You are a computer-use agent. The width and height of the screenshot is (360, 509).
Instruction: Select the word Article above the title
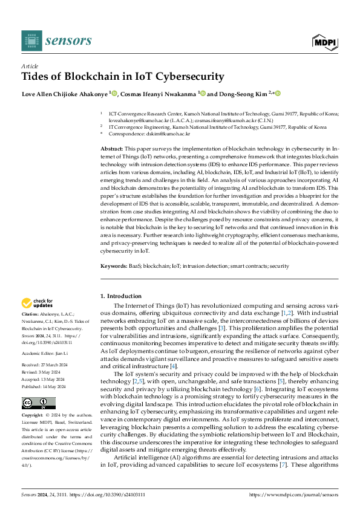[x=29, y=66]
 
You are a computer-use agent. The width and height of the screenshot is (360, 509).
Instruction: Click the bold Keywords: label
[x=113, y=265]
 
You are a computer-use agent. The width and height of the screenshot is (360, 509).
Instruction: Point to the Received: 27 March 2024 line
[x=45, y=365]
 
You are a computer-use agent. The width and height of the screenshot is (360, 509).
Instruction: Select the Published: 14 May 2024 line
[x=45, y=385]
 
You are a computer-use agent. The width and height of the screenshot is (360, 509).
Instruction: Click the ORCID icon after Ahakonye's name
[x=113, y=93]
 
